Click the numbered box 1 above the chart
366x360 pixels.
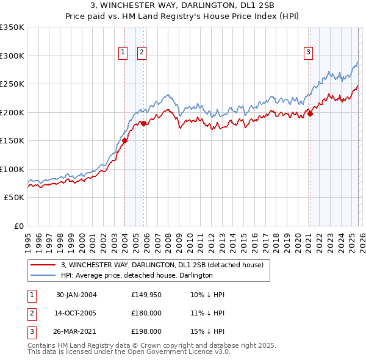tap(123, 53)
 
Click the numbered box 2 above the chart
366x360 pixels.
tap(142, 53)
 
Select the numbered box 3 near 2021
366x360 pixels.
tap(309, 53)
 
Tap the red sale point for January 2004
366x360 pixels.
tap(124, 140)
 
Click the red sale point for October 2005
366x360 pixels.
tap(143, 123)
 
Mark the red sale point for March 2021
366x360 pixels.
tap(310, 113)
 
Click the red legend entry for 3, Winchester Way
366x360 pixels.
tap(162, 265)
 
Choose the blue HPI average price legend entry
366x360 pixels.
tap(136, 276)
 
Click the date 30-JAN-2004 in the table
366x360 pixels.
tap(76, 295)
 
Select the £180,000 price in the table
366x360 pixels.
tap(146, 313)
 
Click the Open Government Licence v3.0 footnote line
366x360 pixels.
tap(129, 353)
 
